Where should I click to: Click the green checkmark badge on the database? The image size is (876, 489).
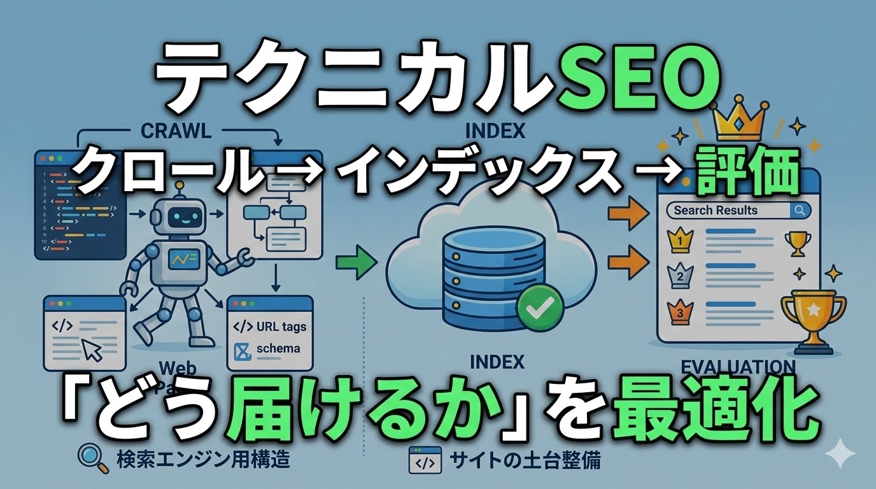tap(540, 308)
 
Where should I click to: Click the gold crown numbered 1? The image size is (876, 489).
tap(679, 241)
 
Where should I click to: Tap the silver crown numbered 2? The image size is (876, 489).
tap(679, 276)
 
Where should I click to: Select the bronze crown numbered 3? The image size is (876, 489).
tap(679, 311)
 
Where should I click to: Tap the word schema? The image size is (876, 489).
tap(278, 349)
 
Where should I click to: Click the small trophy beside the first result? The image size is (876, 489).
tap(796, 242)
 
